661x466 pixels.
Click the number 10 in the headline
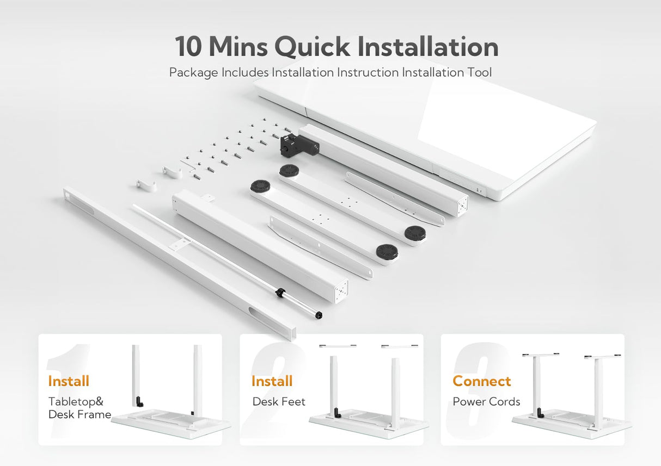188,47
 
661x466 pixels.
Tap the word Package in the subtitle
193,72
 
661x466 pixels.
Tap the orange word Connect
482,381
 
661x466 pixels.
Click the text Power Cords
486,402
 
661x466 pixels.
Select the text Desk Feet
279,402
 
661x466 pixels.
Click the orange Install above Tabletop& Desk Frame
69,381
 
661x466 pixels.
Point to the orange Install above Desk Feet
272,381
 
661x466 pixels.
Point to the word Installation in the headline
428,47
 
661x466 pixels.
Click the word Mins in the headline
238,47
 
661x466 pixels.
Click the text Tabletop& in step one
76,402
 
